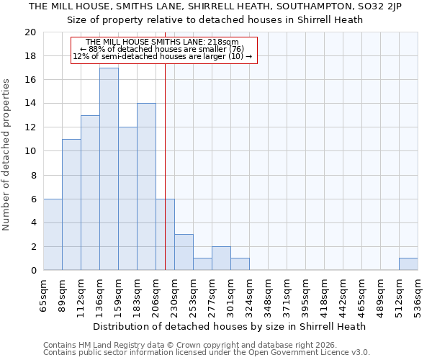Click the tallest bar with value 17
(109, 169)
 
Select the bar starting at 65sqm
(53, 235)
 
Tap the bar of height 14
(146, 186)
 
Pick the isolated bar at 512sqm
(408, 264)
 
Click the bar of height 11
(71, 204)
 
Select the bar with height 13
(90, 193)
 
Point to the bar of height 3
(184, 252)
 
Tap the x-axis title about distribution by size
(230, 326)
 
